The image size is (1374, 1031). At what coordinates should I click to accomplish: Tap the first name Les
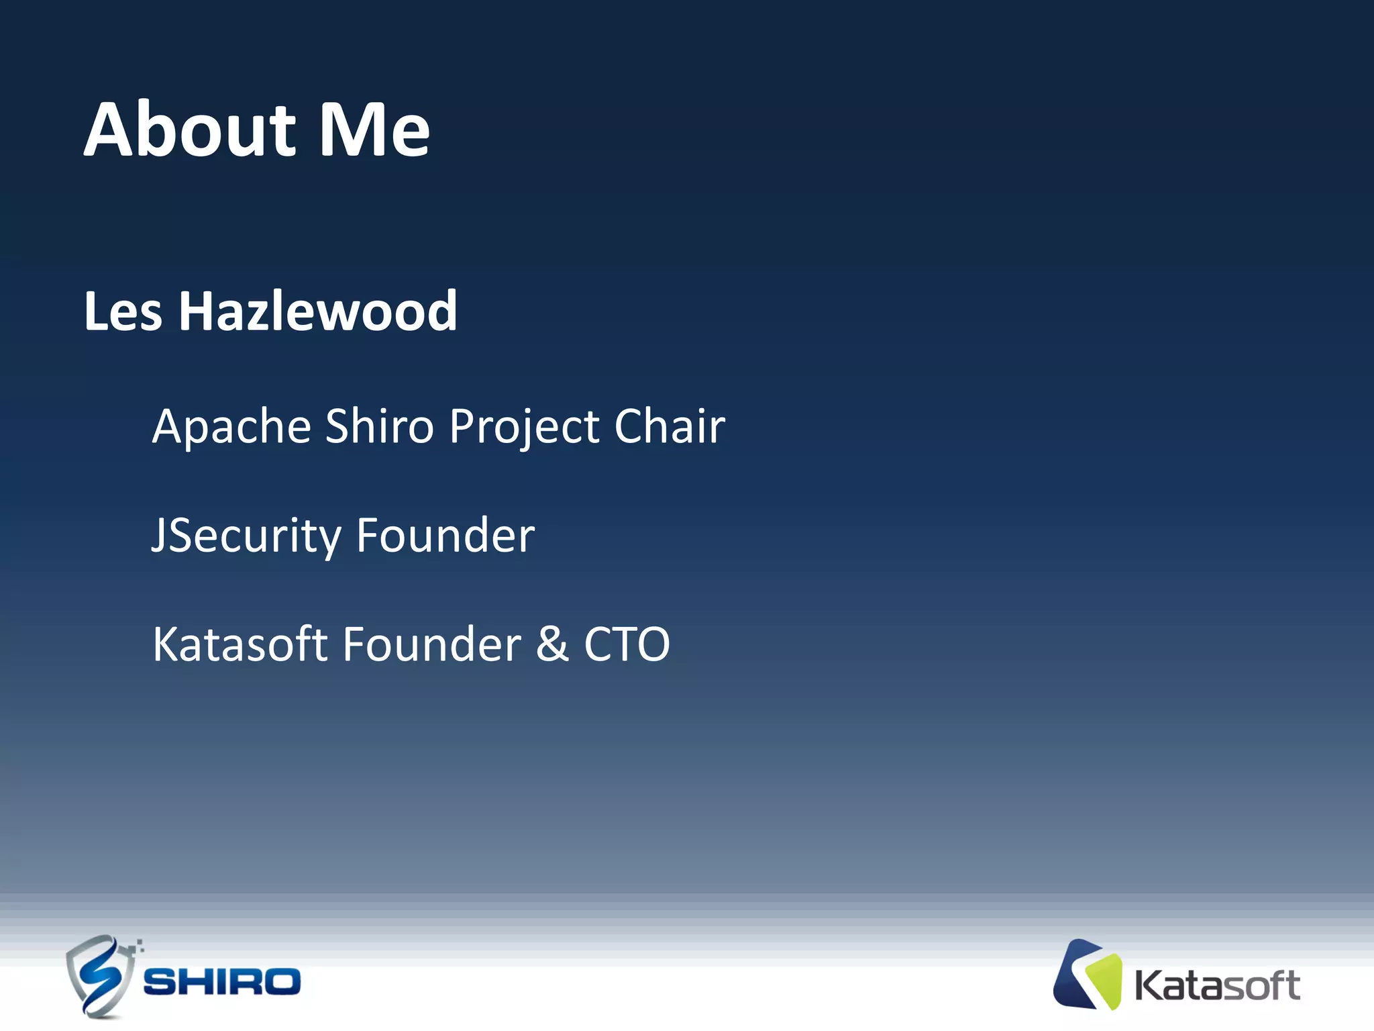(x=123, y=311)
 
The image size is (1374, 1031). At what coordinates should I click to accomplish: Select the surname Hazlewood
(x=317, y=311)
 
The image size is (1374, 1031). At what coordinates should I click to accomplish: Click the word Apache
(x=231, y=427)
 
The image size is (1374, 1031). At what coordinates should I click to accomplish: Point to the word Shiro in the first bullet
(x=379, y=427)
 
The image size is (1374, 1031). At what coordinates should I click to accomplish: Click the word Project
(x=524, y=428)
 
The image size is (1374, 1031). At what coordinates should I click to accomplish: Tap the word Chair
(x=670, y=427)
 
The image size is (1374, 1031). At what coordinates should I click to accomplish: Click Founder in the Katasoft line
(x=431, y=644)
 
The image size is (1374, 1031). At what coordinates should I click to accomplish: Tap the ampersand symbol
(x=552, y=644)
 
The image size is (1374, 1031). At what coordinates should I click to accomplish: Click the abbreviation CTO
(x=627, y=644)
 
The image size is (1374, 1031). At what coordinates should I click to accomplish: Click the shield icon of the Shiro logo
(x=99, y=977)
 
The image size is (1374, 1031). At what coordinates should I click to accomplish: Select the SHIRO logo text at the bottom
(x=221, y=982)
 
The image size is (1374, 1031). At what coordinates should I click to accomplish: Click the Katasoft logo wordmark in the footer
(x=1216, y=986)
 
